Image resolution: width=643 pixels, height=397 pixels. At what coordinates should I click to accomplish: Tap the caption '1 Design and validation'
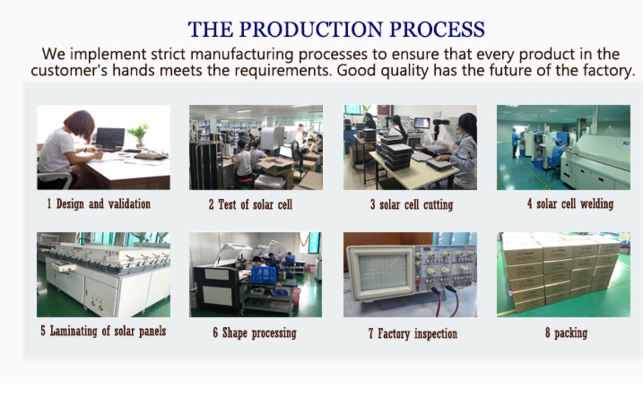pos(99,204)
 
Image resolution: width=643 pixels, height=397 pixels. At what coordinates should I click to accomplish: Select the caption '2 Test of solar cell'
pos(250,205)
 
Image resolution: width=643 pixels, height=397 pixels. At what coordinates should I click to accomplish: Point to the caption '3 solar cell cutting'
pos(412,205)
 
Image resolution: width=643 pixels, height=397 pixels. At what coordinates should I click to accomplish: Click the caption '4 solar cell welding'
pos(570,204)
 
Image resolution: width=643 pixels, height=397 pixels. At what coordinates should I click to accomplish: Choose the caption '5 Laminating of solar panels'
pos(103,331)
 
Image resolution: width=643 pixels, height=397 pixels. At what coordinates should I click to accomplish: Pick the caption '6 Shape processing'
pos(255,333)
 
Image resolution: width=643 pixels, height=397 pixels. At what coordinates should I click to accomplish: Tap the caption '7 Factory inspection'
pos(413,334)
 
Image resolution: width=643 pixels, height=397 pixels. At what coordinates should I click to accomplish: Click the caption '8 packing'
pos(566,333)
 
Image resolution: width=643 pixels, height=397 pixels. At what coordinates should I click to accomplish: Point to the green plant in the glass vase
pos(139,134)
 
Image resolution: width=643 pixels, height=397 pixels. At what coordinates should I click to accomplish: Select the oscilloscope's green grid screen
pos(382,272)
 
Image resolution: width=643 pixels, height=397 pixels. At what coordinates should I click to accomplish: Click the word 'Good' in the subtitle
pos(356,70)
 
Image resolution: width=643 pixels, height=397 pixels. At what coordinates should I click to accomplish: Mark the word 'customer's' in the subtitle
pos(69,70)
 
